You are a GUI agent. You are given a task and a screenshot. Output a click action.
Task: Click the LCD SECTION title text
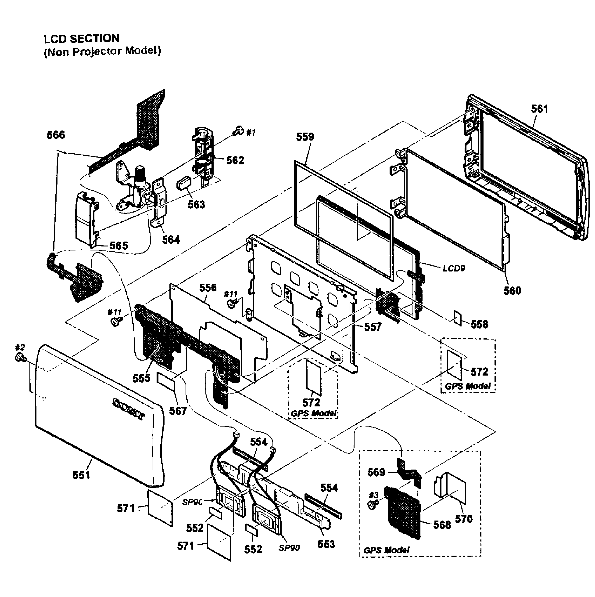[81, 39]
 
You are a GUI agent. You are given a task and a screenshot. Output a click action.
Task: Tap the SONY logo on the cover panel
[129, 409]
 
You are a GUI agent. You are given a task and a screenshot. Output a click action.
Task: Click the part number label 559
[305, 137]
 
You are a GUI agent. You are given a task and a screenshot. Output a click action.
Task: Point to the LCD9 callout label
[454, 268]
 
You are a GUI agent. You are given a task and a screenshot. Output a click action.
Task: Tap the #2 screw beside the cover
[20, 358]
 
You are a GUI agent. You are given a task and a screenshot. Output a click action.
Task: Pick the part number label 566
[56, 135]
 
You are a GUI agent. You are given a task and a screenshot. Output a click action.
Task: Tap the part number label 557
[373, 327]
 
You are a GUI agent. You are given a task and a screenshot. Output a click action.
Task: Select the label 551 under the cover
[81, 475]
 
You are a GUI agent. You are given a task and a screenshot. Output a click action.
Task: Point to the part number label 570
[464, 519]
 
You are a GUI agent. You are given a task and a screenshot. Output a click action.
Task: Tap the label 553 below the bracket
[326, 544]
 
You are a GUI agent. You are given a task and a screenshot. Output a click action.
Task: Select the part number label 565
[118, 246]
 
